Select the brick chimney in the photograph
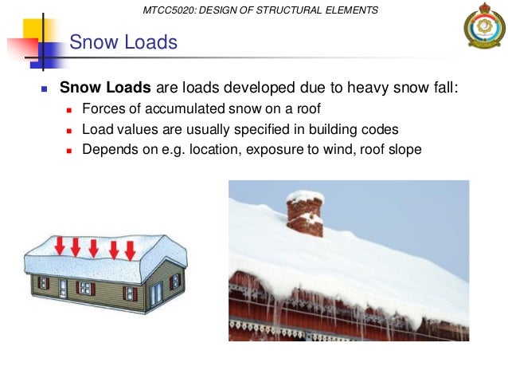[x=305, y=217]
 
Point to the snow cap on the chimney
[x=305, y=196]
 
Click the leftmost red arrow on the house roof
[x=59, y=246]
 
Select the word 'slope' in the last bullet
[x=404, y=148]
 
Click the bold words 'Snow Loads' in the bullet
[x=103, y=87]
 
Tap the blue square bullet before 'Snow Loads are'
[x=45, y=89]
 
